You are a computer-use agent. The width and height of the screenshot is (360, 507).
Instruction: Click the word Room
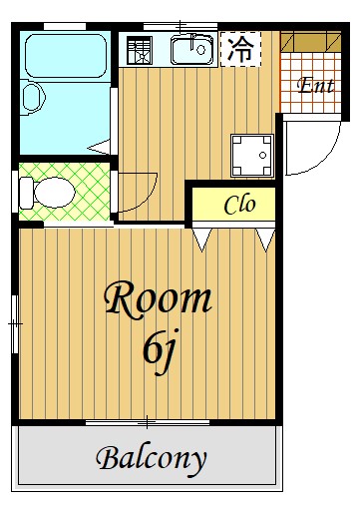click(158, 300)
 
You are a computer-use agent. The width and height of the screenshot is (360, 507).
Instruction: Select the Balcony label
click(152, 460)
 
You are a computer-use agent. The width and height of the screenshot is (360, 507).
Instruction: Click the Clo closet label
click(239, 205)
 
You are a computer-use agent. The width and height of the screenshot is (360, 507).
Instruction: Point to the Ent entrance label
click(315, 85)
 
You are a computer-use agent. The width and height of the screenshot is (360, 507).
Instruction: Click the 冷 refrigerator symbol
click(240, 49)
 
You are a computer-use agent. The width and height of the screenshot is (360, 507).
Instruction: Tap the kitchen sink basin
click(192, 50)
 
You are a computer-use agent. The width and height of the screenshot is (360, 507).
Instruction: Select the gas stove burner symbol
click(140, 50)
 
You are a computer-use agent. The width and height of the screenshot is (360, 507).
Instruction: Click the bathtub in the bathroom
click(66, 56)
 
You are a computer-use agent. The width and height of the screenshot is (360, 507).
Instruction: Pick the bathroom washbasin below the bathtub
click(33, 98)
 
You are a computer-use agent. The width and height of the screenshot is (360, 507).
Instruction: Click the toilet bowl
click(54, 193)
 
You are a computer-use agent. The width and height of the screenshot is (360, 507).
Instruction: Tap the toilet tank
click(27, 193)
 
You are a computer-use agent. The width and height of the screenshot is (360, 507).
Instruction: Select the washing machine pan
click(252, 156)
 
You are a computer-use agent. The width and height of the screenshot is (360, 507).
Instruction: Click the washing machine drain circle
click(263, 155)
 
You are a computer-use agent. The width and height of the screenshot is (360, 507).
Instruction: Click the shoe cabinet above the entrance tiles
click(311, 42)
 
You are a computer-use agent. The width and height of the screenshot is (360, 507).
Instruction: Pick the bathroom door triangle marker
click(99, 147)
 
